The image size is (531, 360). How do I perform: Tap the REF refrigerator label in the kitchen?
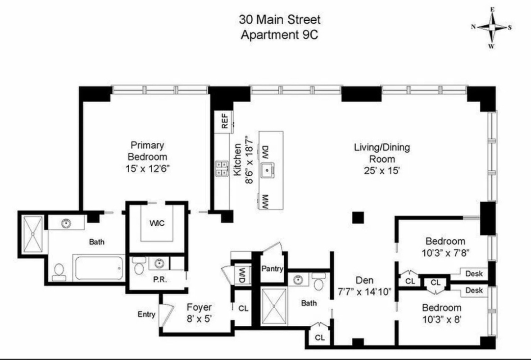click(x=224, y=121)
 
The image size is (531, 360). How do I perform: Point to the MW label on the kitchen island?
click(x=265, y=200)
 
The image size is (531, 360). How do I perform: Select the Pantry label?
click(x=272, y=269)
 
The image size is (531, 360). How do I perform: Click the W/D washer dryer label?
click(x=242, y=275)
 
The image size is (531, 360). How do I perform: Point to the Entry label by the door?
click(x=146, y=314)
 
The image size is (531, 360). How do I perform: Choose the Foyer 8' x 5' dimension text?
click(x=199, y=318)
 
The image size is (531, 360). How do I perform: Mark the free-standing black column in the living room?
click(x=358, y=218)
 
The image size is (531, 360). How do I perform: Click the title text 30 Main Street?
click(x=280, y=20)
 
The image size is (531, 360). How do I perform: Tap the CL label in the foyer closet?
click(x=243, y=309)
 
